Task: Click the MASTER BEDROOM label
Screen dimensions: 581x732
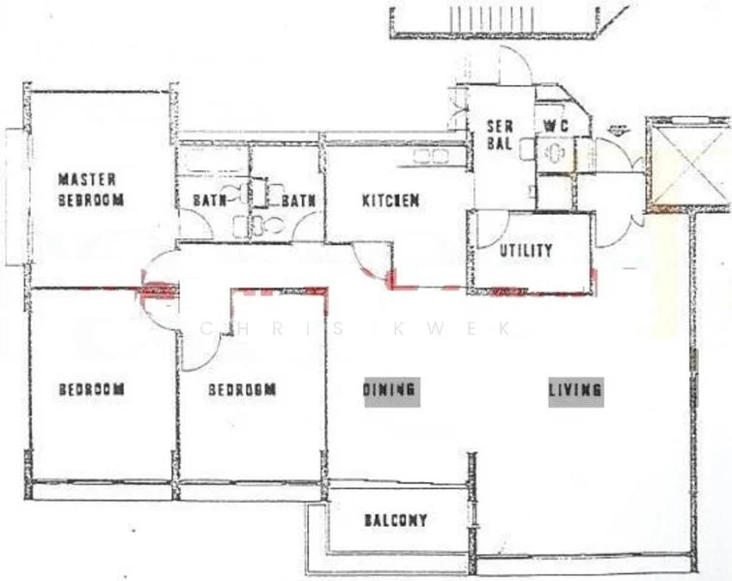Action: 91,190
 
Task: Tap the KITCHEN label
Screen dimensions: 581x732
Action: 390,201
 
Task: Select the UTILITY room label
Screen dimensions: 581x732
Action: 526,250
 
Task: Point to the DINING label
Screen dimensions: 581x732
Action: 391,390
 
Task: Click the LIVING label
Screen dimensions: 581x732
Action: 576,390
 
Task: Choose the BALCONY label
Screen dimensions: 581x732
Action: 395,521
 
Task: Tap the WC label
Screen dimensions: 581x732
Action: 554,126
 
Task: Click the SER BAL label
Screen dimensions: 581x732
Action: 499,135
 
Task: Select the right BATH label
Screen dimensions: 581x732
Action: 294,201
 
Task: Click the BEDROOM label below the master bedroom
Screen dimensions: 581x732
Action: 91,390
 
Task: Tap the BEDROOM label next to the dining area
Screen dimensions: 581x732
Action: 243,390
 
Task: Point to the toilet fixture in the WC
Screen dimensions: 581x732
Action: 555,155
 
